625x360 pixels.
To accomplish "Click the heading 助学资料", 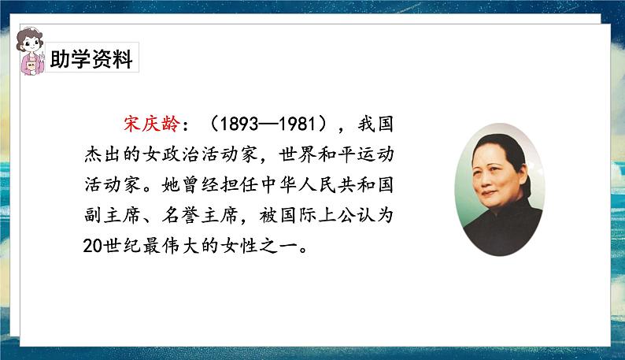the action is (91, 58).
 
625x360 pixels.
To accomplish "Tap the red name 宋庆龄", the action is (151, 124).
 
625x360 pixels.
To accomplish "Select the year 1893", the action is (239, 124).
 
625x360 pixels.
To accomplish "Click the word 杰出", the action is (102, 154).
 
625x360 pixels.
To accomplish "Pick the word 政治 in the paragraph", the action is (180, 154).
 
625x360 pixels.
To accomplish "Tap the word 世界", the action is (297, 154).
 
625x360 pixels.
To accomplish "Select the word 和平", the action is (336, 154).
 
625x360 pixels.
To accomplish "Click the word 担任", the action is (239, 185).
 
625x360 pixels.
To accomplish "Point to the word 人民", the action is (316, 185).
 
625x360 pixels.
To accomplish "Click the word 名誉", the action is (180, 215).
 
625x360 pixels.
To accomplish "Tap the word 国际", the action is (298, 215).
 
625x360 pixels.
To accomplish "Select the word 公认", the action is (356, 215).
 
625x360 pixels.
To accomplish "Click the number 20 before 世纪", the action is (93, 246).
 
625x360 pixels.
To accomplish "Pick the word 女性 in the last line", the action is (239, 246).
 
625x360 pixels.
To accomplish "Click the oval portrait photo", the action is (499, 189).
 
